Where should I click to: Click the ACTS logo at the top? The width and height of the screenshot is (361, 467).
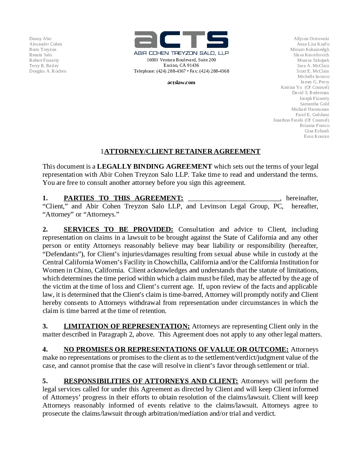[x=181, y=40]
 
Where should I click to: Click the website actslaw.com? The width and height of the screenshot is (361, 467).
[x=181, y=82]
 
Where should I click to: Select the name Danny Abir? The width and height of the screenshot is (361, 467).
[x=41, y=39]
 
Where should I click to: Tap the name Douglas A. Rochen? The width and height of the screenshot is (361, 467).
[x=48, y=71]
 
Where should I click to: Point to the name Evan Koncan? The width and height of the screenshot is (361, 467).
[x=316, y=136]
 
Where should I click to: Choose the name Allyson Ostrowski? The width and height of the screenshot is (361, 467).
[x=311, y=39]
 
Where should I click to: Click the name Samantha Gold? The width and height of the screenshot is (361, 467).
[x=314, y=104]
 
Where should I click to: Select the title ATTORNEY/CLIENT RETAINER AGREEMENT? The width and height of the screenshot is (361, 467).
[x=182, y=151]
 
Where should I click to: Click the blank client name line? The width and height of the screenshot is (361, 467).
[x=234, y=198]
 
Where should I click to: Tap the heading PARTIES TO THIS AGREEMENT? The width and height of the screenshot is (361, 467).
[x=123, y=198]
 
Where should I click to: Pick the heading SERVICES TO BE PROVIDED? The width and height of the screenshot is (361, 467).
[x=118, y=229]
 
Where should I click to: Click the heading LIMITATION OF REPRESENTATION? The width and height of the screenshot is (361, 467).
[x=127, y=326]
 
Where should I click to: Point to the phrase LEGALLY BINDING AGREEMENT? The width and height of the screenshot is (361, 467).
[x=154, y=166]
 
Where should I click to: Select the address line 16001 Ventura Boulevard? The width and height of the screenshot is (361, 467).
[x=181, y=60]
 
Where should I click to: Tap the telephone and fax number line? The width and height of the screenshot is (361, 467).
[x=181, y=71]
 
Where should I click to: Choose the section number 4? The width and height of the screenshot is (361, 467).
[x=45, y=349]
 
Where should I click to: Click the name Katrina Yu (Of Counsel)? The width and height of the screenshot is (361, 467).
[x=305, y=87]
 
